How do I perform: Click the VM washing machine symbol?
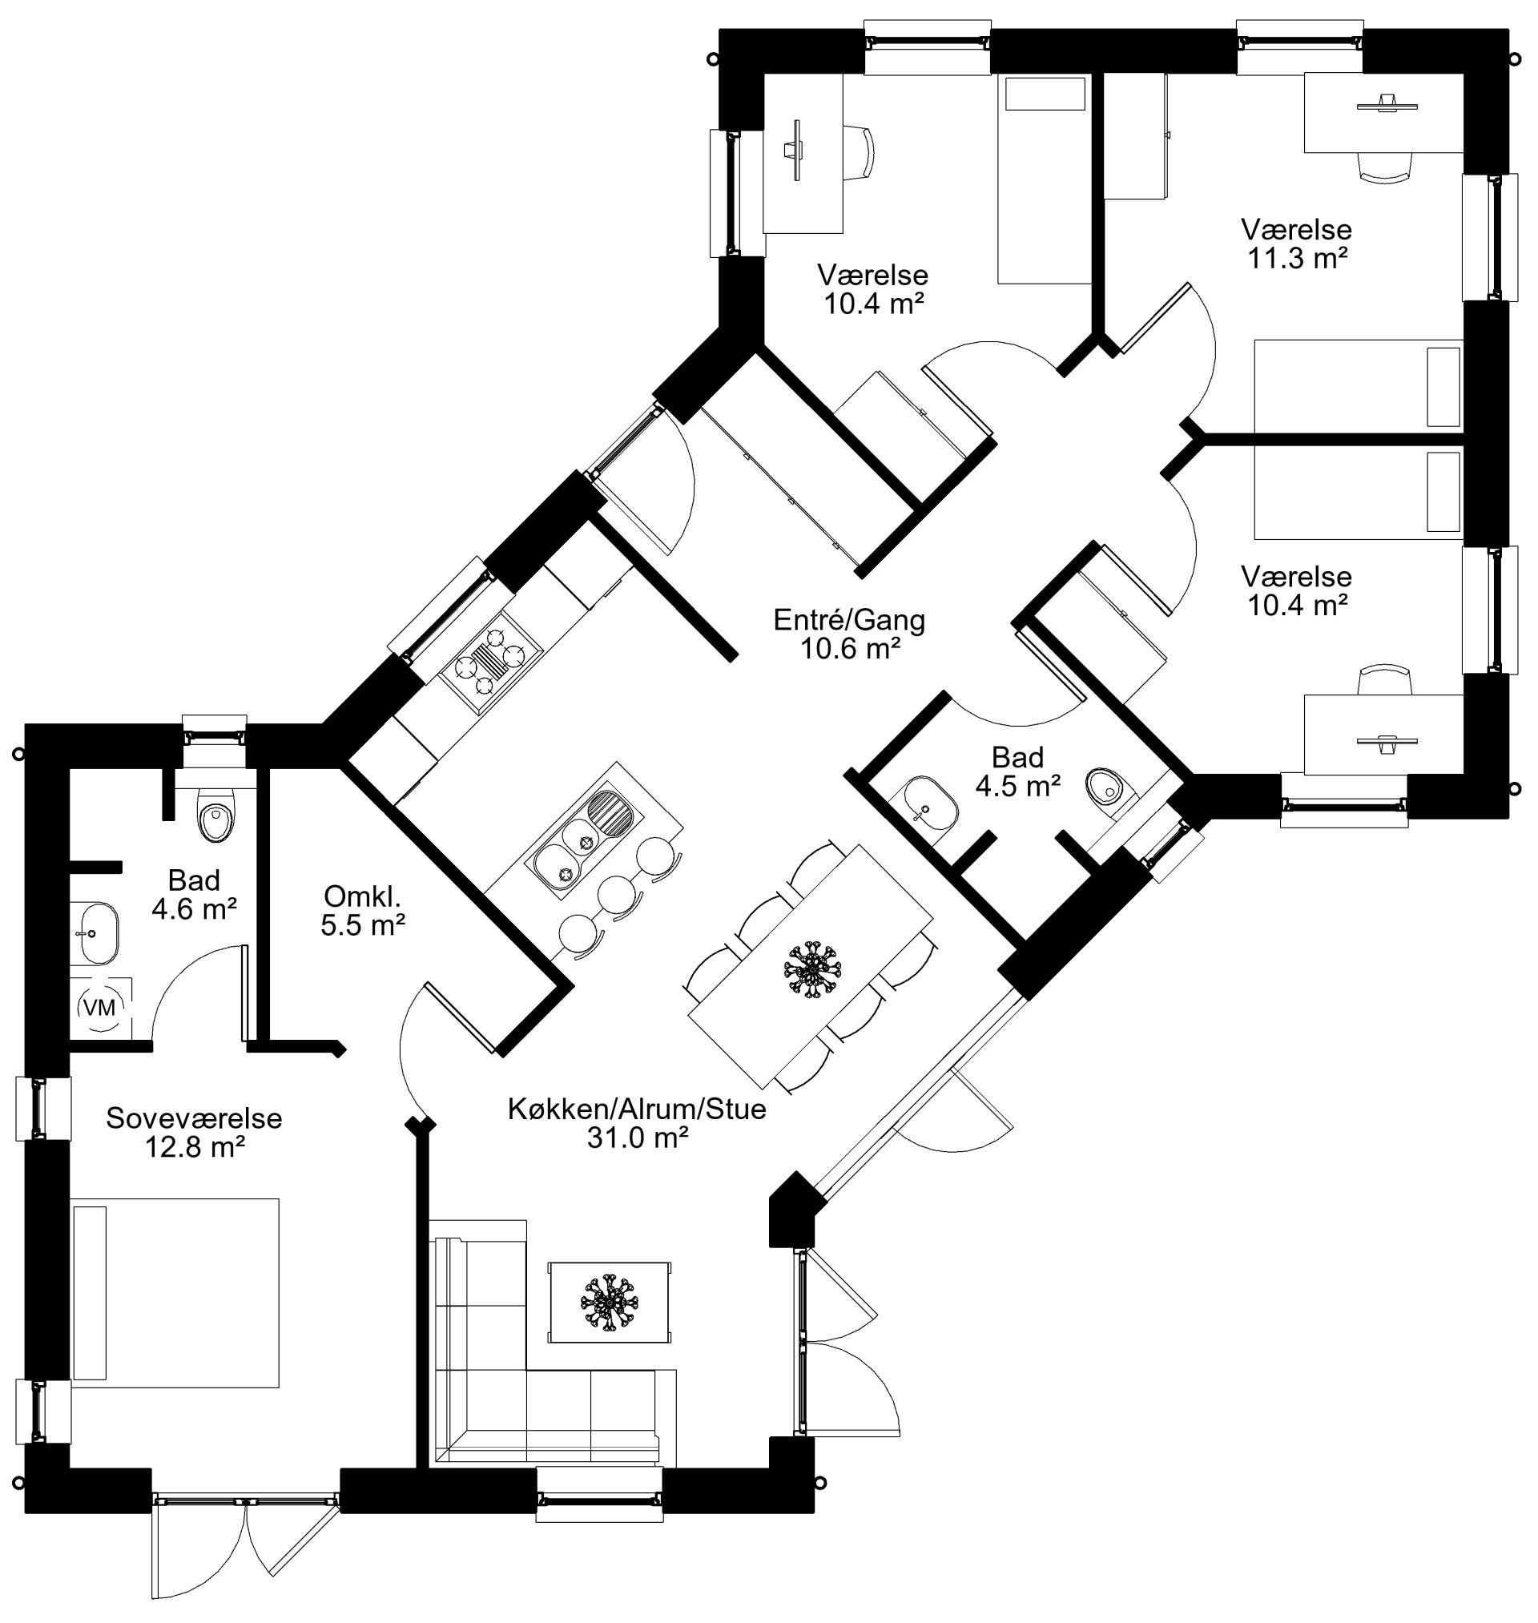(100, 1008)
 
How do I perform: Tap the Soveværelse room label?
(195, 1118)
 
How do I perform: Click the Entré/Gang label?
(849, 620)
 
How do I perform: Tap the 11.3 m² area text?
(1298, 257)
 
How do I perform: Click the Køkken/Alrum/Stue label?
(637, 1109)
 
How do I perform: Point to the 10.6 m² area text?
(850, 648)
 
